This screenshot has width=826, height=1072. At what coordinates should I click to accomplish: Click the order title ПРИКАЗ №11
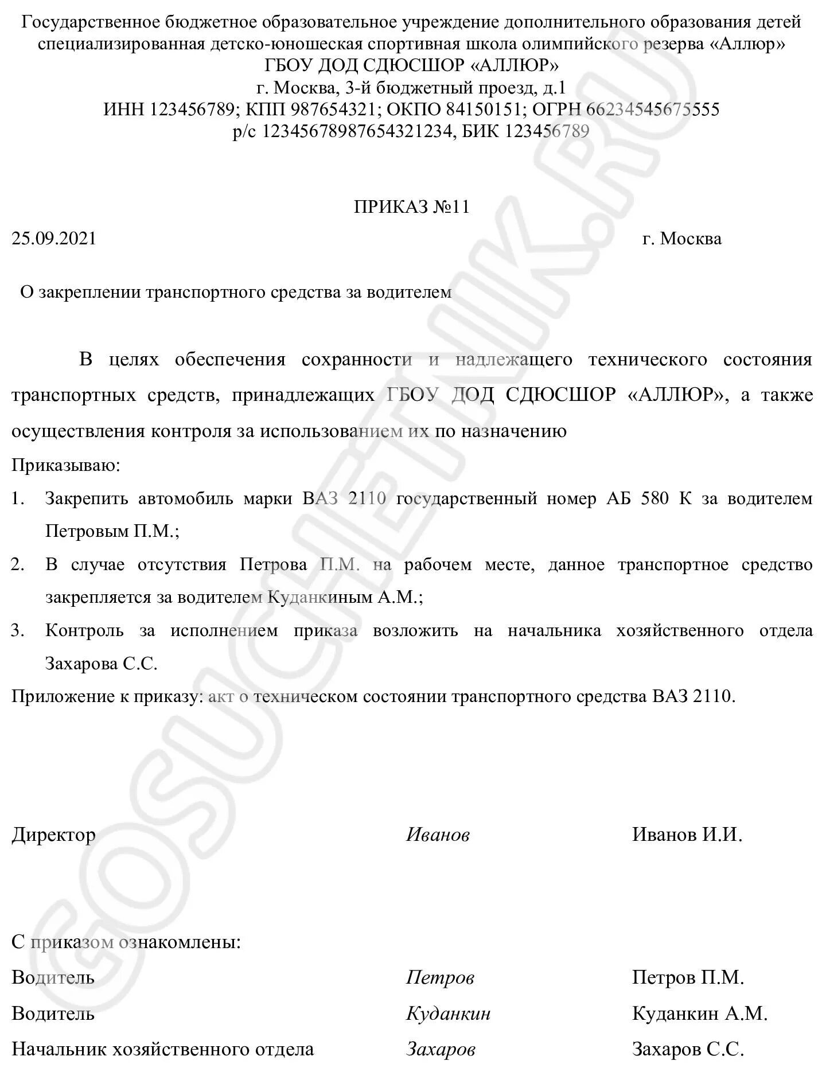click(412, 207)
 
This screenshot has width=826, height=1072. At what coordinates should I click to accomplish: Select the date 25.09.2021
click(54, 239)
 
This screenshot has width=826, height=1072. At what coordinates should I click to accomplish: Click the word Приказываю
click(66, 465)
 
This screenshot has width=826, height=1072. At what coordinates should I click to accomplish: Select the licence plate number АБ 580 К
click(649, 498)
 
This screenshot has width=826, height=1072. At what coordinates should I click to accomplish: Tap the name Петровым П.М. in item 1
click(112, 532)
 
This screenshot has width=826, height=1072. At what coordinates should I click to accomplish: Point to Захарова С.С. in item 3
click(101, 664)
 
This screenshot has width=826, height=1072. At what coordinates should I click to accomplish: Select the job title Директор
click(53, 835)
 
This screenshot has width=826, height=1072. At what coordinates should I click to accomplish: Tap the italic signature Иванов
click(438, 835)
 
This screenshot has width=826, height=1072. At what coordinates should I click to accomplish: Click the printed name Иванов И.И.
click(687, 835)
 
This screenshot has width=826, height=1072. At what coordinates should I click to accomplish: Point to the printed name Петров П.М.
click(688, 977)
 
